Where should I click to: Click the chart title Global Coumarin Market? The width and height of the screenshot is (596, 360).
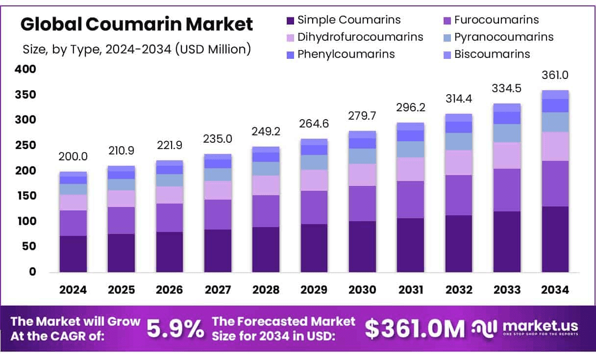pos(137,24)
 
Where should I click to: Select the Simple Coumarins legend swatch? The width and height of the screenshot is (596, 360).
pos(290,20)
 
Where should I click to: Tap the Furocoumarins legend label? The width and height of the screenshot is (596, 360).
pos(496,20)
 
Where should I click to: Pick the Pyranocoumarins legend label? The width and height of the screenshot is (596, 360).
pos(503,37)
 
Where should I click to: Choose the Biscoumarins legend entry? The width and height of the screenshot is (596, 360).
pos(492,54)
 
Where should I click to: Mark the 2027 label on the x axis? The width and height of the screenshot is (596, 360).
pos(218,290)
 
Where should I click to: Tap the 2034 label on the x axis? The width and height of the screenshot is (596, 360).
pos(555,290)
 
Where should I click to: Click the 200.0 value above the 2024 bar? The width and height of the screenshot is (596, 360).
pos(73,156)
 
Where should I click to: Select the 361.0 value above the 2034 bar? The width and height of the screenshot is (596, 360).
pos(555,75)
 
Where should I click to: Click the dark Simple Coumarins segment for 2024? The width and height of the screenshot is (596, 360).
pos(73,254)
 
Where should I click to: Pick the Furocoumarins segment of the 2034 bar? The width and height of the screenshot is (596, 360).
pos(555,183)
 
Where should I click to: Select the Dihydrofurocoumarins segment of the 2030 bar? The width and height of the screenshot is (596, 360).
pos(362,175)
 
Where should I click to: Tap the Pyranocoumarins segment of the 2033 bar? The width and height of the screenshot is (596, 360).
pos(507,133)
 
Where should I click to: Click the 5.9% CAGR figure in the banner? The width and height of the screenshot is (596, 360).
pos(175,330)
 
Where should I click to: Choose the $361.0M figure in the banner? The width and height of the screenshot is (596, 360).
pos(415,330)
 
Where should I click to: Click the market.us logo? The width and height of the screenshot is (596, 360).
pos(525,328)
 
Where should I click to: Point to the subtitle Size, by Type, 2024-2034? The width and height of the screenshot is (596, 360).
pos(137,49)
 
